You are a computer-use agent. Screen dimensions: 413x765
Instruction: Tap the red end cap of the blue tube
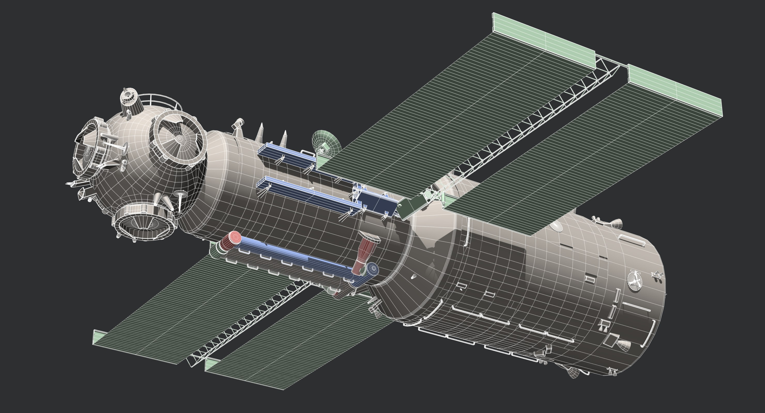(x=231, y=241)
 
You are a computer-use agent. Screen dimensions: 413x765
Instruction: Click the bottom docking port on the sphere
(x=145, y=221)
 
